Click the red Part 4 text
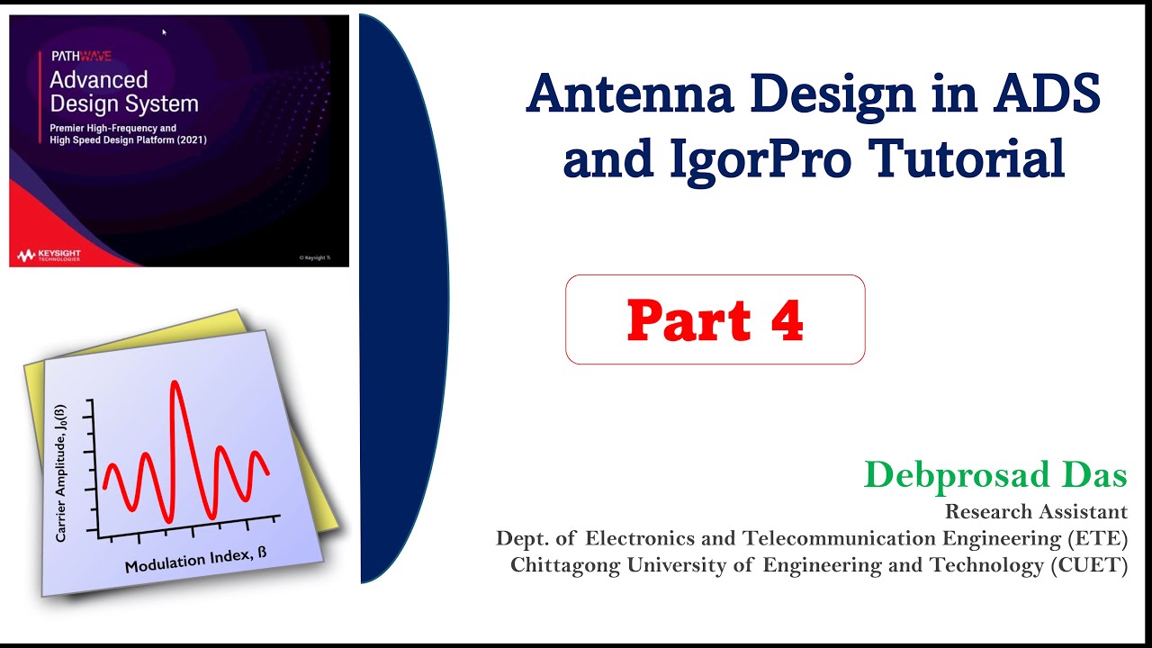(x=715, y=320)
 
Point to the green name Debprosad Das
(x=995, y=474)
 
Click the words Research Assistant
(x=1036, y=512)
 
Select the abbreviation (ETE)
(x=1098, y=538)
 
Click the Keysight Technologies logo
(x=49, y=255)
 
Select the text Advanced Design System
(x=123, y=91)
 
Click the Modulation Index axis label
(x=195, y=559)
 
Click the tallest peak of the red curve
(x=175, y=385)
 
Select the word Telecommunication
(x=827, y=538)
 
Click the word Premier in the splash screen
(x=69, y=129)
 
